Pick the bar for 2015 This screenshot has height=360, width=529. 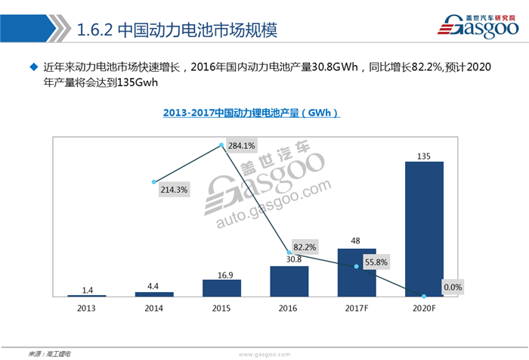[x=221, y=288]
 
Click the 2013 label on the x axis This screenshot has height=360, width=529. [x=86, y=309]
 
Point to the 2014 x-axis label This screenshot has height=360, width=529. [x=154, y=309]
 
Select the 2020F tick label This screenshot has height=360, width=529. [x=425, y=309]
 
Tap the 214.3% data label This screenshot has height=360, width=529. [x=174, y=190]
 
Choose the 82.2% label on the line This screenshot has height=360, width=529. [x=305, y=247]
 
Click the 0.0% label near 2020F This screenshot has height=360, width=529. [x=452, y=287]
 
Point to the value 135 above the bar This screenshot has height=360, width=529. [x=425, y=156]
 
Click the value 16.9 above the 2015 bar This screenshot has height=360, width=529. [x=221, y=275]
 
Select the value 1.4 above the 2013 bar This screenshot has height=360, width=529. [x=86, y=290]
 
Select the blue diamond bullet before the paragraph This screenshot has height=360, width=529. [x=33, y=67]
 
